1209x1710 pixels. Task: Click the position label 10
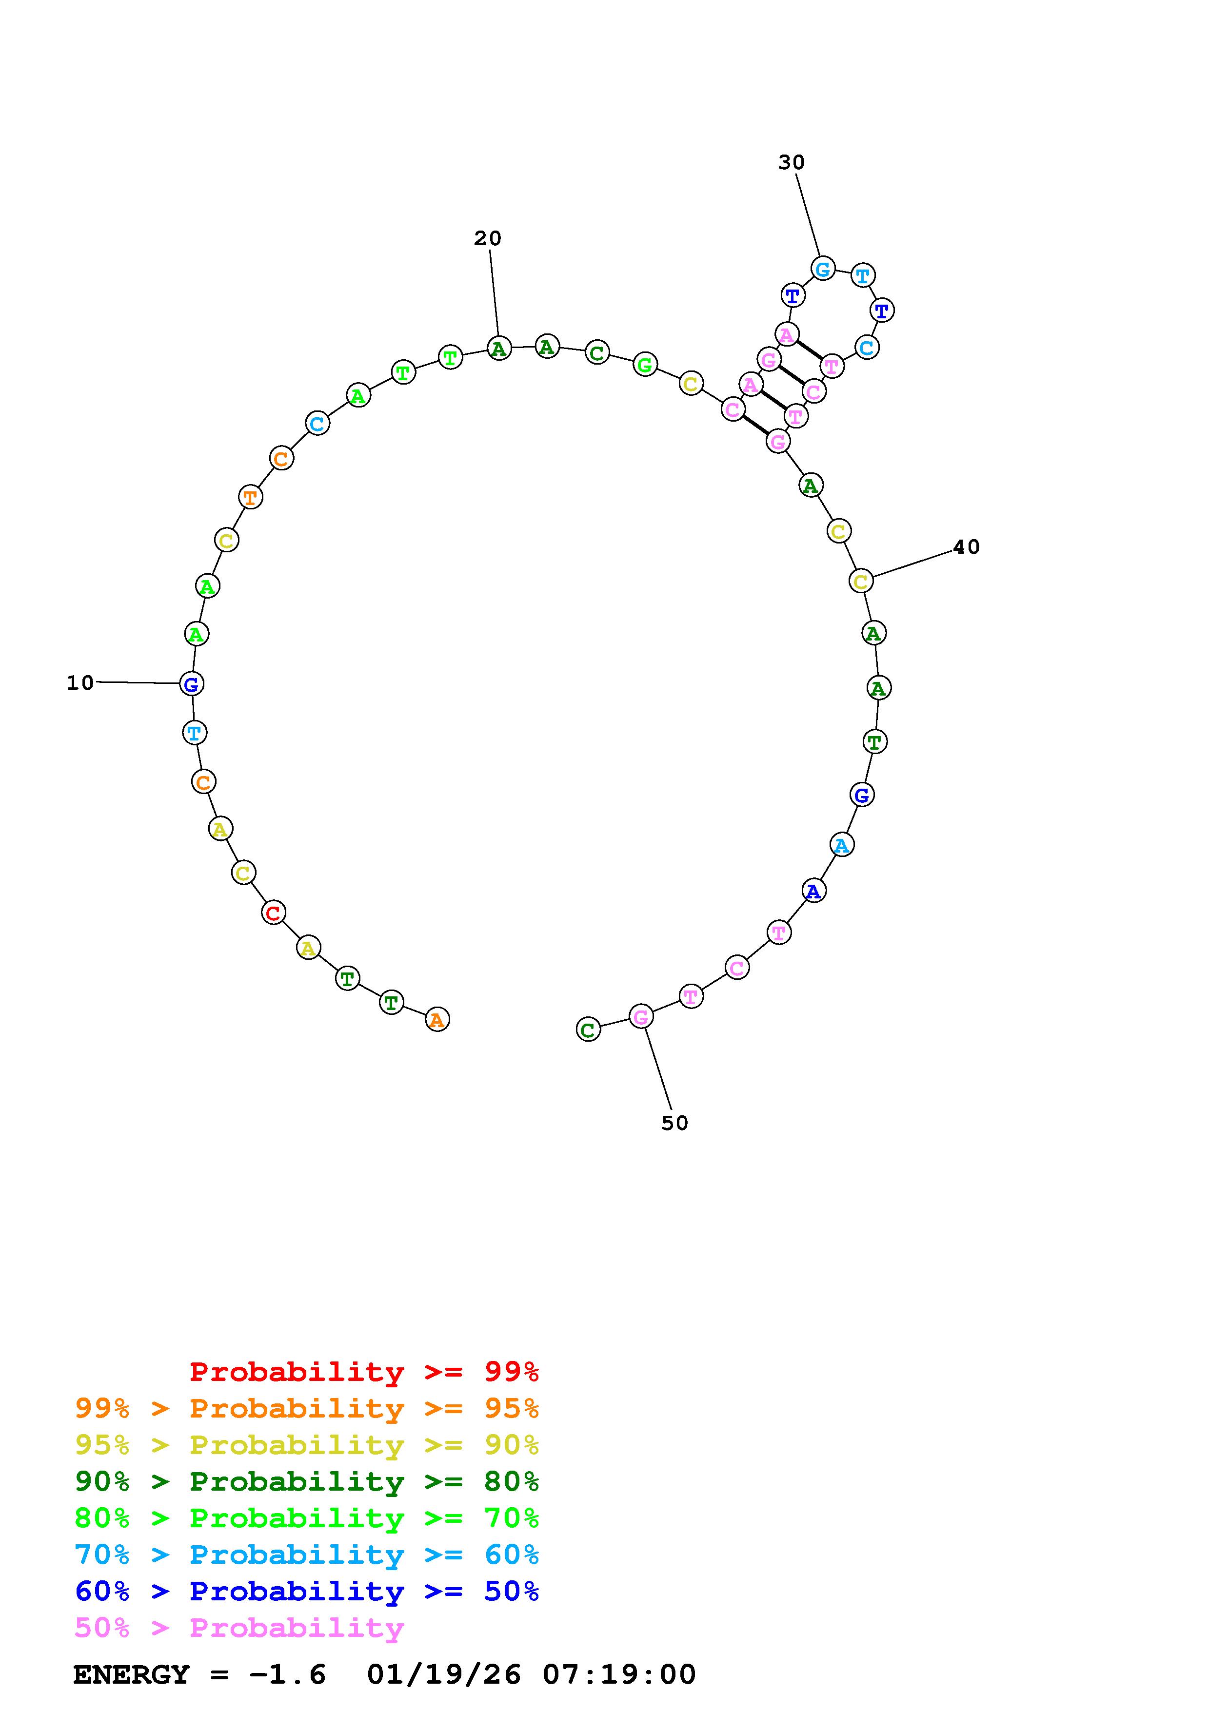pyautogui.click(x=80, y=683)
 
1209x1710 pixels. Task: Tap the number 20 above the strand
pyautogui.click(x=488, y=238)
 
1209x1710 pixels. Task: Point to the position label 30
pyautogui.click(x=792, y=162)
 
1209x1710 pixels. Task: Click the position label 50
pyautogui.click(x=675, y=1123)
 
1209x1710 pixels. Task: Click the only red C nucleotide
pyautogui.click(x=274, y=913)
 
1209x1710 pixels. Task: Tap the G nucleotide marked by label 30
pyautogui.click(x=822, y=269)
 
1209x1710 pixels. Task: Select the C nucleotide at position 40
pyautogui.click(x=861, y=581)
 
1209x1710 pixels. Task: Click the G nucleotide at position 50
pyautogui.click(x=641, y=1016)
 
